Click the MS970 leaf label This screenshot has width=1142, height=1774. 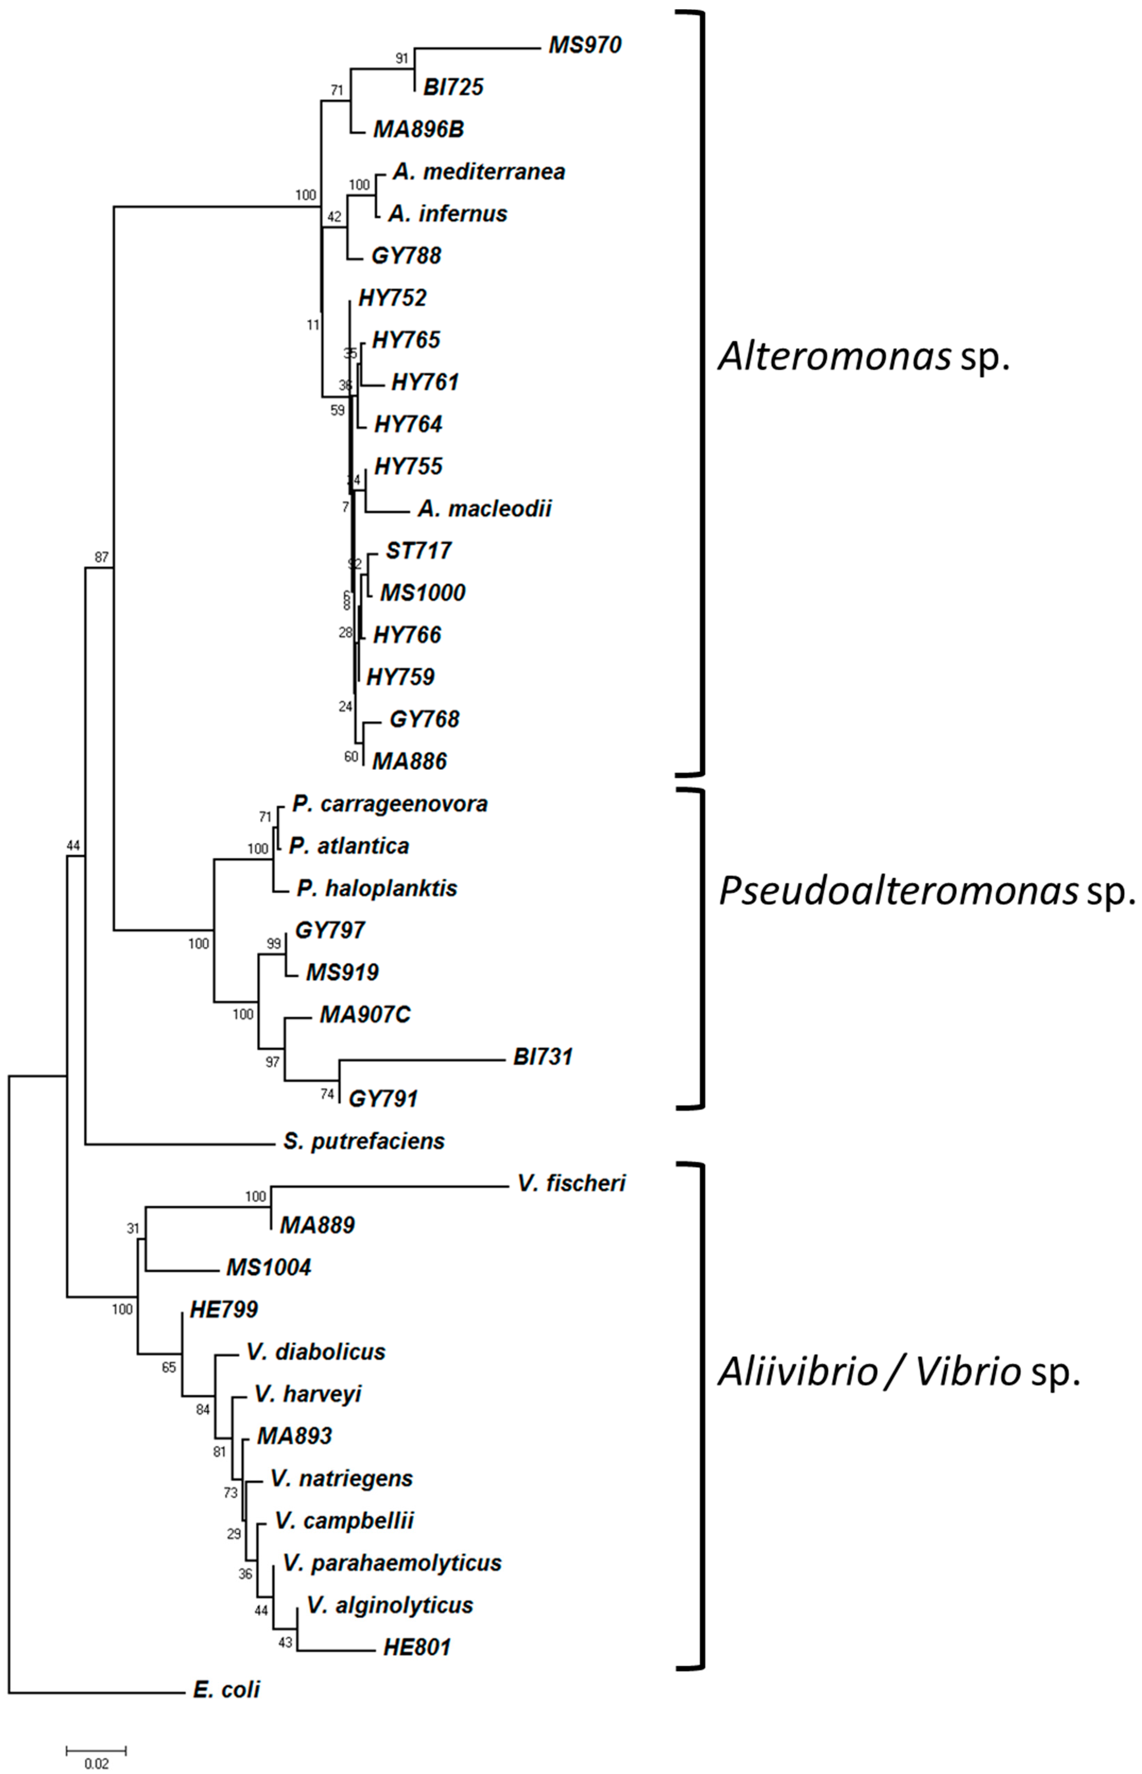pyautogui.click(x=584, y=45)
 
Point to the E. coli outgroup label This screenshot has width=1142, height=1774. pyautogui.click(x=226, y=1689)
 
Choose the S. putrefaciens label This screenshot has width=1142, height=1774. pyautogui.click(x=363, y=1141)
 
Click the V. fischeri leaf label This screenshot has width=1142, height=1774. pyautogui.click(x=571, y=1183)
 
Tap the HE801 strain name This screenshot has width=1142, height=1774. pyautogui.click(x=417, y=1647)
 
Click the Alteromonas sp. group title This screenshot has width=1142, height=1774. pyautogui.click(x=864, y=357)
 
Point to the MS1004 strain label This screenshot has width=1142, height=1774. pyautogui.click(x=268, y=1267)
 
